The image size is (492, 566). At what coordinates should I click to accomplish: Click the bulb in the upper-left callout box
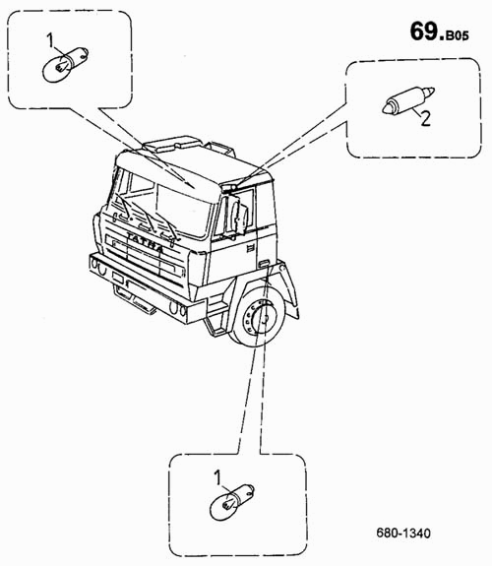[65, 64]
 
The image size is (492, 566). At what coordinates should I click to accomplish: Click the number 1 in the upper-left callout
[50, 40]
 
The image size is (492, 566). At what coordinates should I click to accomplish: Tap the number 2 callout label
[426, 118]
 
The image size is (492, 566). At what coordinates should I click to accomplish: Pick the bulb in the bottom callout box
[232, 502]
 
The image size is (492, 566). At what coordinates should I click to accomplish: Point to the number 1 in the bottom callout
[217, 477]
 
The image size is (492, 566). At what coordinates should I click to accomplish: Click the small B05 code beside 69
[457, 35]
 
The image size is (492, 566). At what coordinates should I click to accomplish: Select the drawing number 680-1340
[403, 533]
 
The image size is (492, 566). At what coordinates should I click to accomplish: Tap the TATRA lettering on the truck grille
[145, 242]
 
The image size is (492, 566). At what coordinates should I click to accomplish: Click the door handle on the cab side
[249, 248]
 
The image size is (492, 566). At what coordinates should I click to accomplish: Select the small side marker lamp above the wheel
[264, 264]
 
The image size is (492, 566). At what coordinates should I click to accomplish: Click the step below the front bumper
[134, 298]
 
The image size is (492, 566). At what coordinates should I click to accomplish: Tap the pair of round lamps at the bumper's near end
[177, 309]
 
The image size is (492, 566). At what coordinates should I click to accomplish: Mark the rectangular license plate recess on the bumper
[118, 278]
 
